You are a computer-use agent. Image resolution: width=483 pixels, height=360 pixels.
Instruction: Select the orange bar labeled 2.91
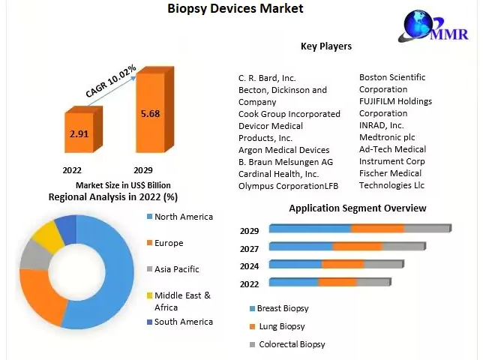coord(78,133)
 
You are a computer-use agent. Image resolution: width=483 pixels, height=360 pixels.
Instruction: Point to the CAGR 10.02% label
coord(110,81)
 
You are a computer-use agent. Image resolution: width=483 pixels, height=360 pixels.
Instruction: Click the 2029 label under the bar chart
coord(143,170)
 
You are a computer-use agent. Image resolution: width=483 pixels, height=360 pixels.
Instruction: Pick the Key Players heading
coord(325,46)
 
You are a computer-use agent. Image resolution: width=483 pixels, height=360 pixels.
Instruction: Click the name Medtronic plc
coord(386,137)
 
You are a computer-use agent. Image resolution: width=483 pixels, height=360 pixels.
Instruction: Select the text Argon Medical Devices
coord(283,150)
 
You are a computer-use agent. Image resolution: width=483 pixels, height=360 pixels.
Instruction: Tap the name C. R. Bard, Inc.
coord(267,78)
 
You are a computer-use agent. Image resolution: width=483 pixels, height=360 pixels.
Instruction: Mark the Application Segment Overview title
coord(357,208)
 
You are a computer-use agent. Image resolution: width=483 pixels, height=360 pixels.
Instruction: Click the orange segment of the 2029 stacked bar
coord(377,229)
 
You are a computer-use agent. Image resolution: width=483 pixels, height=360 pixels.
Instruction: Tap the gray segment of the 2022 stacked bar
coord(373,283)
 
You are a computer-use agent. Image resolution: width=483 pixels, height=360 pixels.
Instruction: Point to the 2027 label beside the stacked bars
coord(249,248)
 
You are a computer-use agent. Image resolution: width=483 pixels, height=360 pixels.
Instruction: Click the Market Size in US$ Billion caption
coord(123,184)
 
